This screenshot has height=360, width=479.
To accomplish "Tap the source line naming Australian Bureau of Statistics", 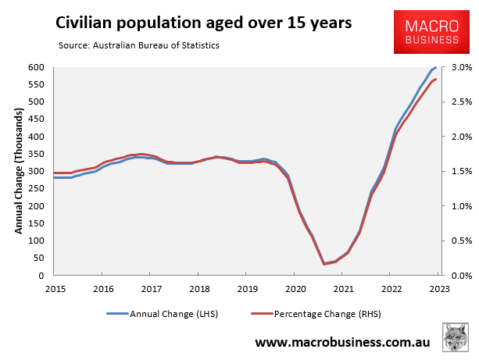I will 138,45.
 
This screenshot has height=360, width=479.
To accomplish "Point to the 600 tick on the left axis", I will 36,67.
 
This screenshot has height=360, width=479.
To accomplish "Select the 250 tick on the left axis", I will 36,189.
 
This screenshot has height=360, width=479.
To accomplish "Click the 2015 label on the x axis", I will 55,288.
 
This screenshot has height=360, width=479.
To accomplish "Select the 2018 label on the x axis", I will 198,288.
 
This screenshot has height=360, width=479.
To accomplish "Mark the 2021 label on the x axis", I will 342,288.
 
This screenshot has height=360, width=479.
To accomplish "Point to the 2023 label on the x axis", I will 438,288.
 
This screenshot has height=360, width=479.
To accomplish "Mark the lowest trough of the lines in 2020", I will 324,264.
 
